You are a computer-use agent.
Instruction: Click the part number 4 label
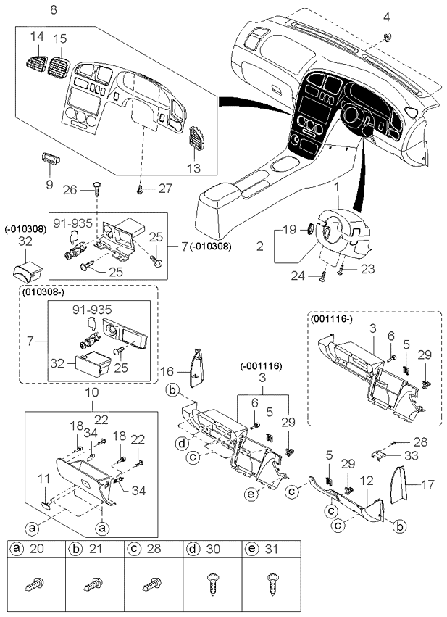(x=385, y=17)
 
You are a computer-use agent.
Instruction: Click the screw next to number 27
(x=139, y=189)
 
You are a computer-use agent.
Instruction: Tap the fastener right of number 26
(x=98, y=189)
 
